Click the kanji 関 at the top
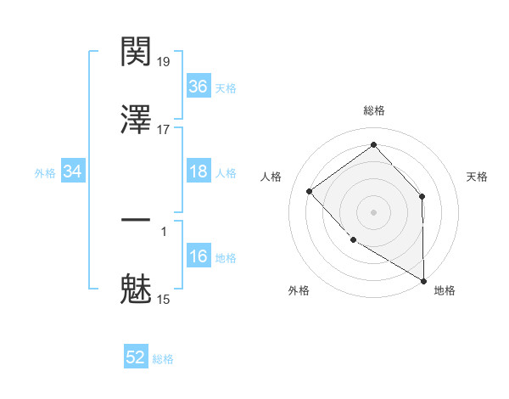tap(136, 54)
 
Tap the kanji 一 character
tap(136, 220)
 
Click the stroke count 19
tap(165, 62)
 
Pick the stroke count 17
tap(165, 130)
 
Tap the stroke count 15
tap(165, 299)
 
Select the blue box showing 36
tap(198, 86)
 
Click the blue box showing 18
tap(198, 171)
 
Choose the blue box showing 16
tap(198, 256)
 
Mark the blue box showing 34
tap(73, 172)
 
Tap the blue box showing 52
tap(136, 357)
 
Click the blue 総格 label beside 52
tap(163, 359)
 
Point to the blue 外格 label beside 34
tap(45, 173)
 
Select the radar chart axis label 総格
tap(373, 110)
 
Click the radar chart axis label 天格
tap(478, 177)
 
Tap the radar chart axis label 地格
tap(445, 290)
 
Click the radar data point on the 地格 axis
tap(423, 280)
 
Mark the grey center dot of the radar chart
tap(373, 211)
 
